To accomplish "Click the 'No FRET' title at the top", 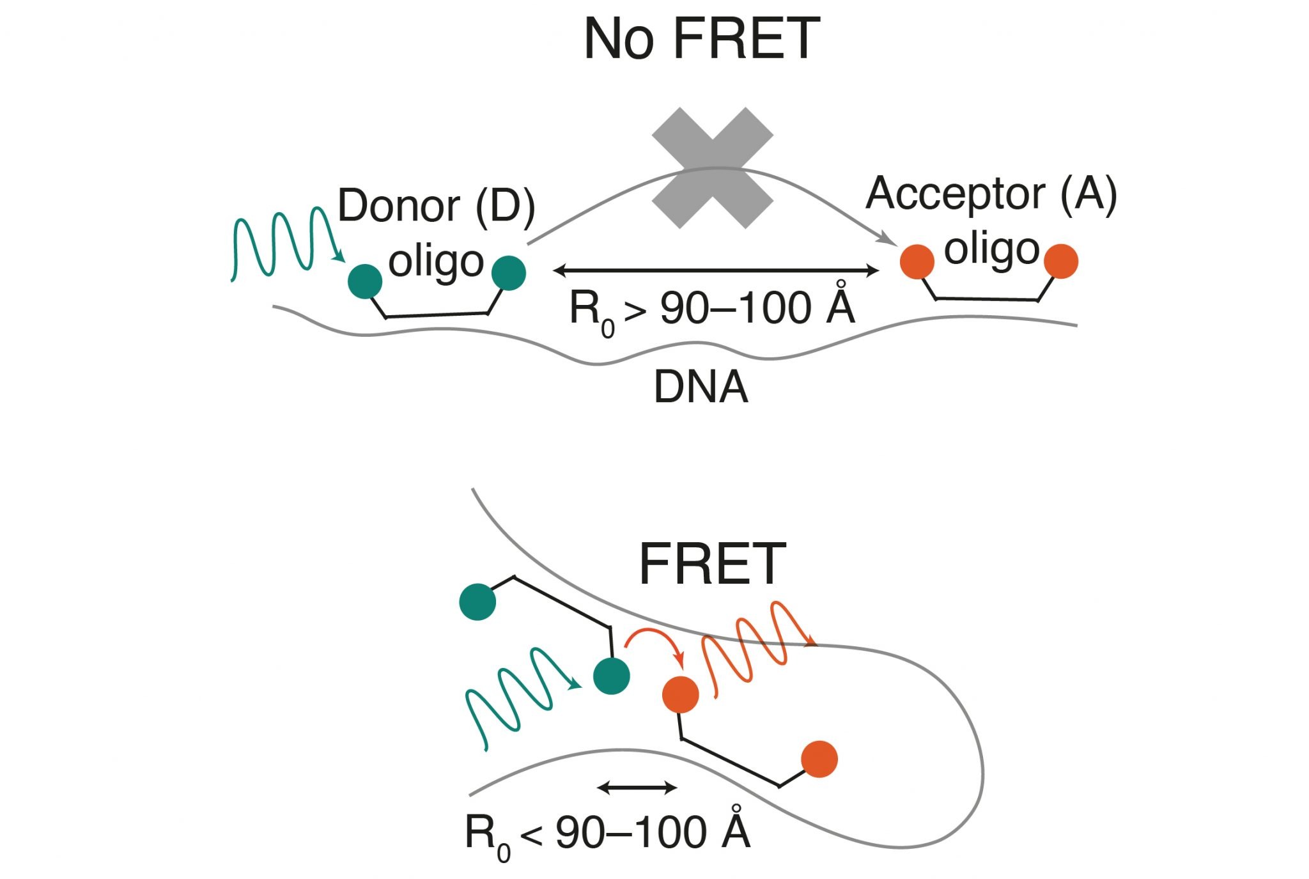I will (701, 40).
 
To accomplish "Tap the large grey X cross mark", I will (713, 168).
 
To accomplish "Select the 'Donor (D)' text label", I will (436, 206).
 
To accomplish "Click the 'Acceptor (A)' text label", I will (991, 194).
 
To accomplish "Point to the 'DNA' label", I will (701, 387).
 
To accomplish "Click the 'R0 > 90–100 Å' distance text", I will (711, 310).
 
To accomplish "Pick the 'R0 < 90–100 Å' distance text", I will (607, 834).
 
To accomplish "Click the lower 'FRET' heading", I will (712, 564).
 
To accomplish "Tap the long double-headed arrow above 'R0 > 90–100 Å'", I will (715, 270).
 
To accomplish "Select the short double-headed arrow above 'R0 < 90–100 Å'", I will (637, 788).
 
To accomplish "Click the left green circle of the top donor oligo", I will (365, 281).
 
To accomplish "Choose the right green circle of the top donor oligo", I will (509, 273).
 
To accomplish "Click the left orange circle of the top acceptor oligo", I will (917, 261).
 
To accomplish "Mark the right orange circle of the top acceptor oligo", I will (1061, 261).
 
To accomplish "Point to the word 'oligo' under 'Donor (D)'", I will (436, 262).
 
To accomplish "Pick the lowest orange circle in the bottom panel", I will (819, 759).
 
